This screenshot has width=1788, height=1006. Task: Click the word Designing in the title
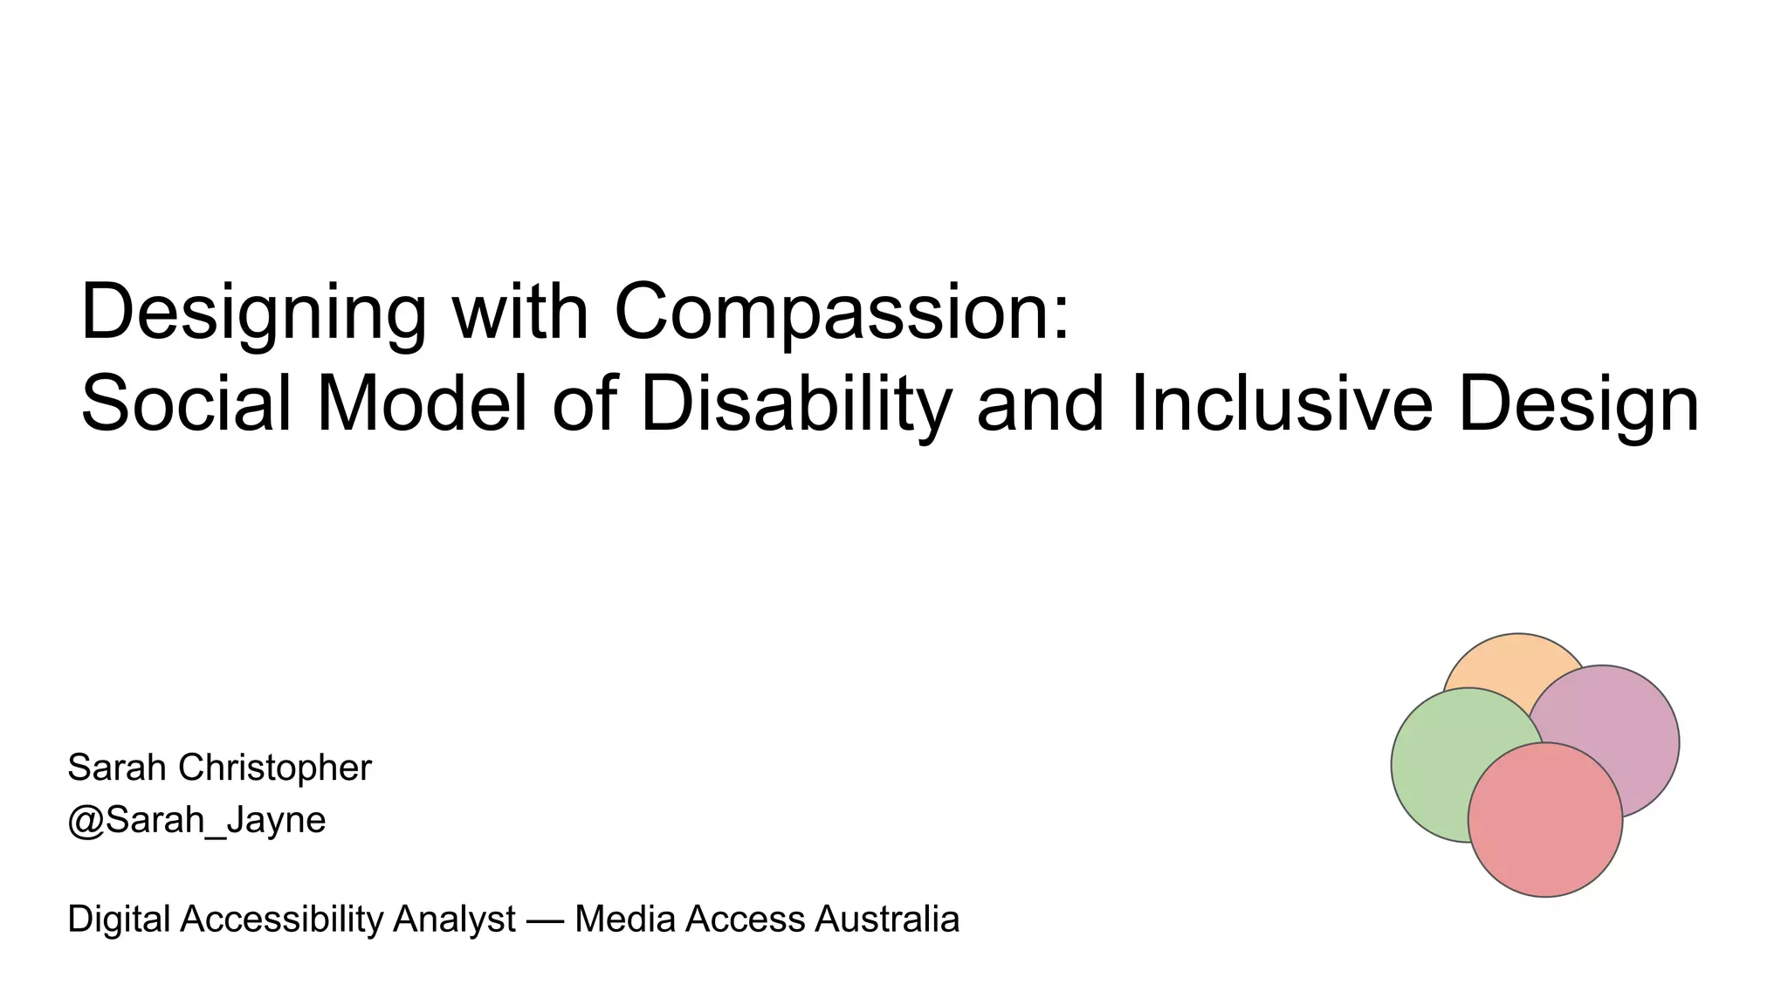pos(253,313)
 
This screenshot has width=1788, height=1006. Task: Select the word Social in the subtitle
pos(186,404)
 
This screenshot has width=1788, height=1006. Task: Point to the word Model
pos(423,404)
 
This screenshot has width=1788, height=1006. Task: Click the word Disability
pos(795,404)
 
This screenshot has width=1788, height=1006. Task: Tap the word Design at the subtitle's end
pos(1578,404)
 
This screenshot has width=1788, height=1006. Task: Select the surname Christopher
pos(275,768)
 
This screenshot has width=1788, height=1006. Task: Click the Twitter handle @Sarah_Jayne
pos(196,820)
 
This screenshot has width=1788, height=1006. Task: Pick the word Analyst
pos(454,919)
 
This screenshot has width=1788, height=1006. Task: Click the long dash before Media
pos(545,920)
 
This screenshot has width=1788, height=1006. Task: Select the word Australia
pos(887,919)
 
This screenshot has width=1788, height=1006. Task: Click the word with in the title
pos(520,313)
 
